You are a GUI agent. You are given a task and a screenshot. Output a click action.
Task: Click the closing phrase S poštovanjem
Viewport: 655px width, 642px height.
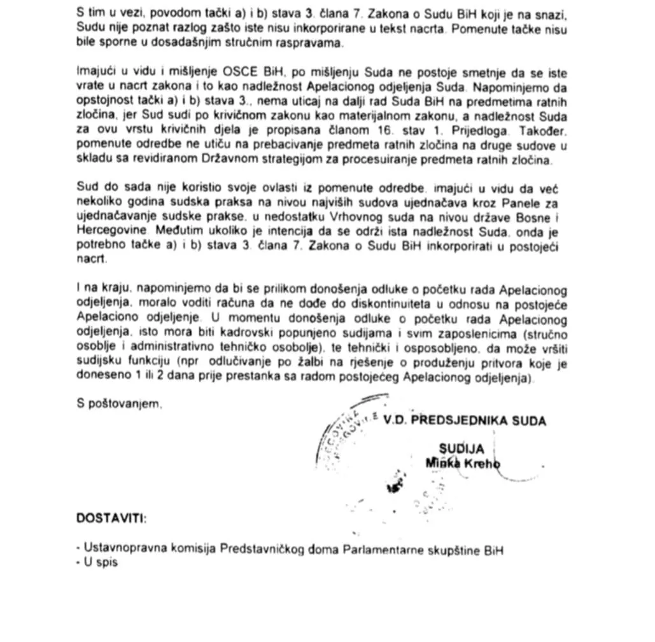118,403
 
